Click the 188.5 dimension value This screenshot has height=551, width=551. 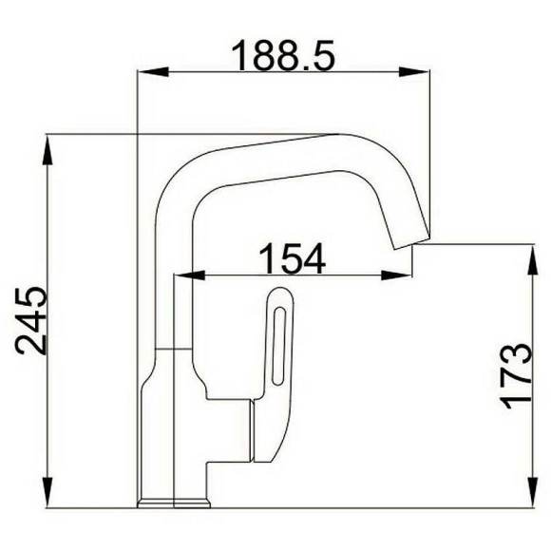click(x=285, y=55)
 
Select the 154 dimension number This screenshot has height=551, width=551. click(x=293, y=258)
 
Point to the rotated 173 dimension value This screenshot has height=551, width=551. click(x=514, y=375)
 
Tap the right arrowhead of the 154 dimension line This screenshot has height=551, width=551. click(x=406, y=277)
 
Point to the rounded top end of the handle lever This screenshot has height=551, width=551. click(x=280, y=296)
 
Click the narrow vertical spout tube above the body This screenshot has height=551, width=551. click(x=174, y=313)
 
